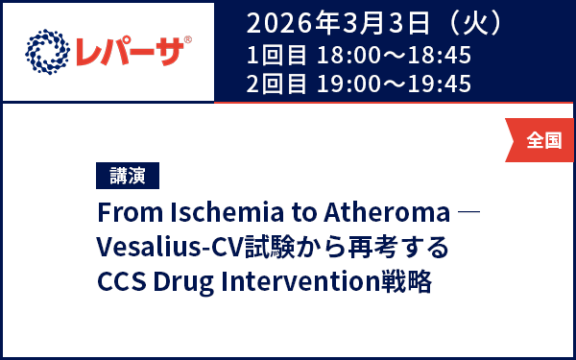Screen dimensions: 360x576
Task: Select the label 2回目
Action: (x=276, y=84)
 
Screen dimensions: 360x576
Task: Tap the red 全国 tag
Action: (x=543, y=140)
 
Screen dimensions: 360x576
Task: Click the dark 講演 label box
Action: (x=128, y=176)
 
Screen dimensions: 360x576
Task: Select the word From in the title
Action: (x=127, y=211)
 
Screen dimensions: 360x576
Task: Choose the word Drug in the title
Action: (x=188, y=284)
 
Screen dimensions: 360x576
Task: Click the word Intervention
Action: (x=305, y=284)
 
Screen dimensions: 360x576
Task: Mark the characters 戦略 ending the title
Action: (x=408, y=284)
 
